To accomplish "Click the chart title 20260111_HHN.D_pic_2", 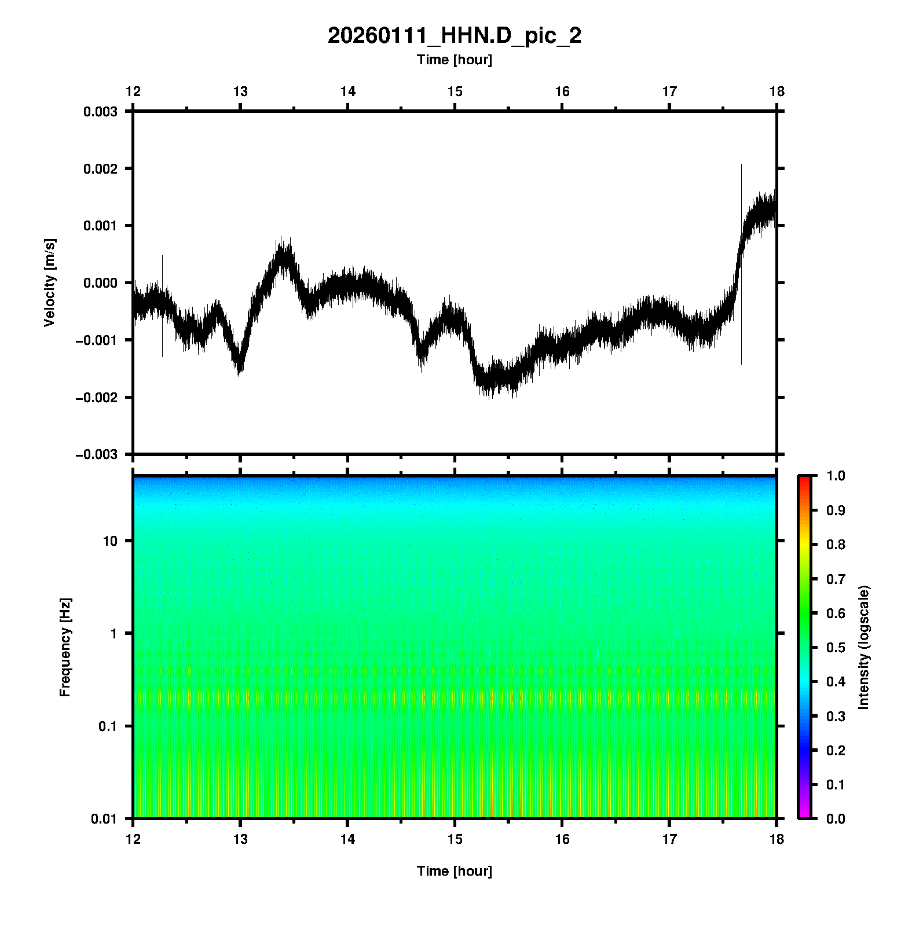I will coord(454,36).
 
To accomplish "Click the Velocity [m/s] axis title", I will coord(50,282).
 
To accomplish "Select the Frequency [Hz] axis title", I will coord(65,647).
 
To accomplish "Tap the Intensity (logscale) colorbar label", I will coord(864,647).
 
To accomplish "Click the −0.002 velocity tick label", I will coord(96,398).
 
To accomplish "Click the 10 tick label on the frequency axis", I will coord(110,541).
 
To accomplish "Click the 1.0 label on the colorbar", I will coord(837,476).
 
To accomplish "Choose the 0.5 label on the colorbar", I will coord(837,647).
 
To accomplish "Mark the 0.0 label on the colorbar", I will coord(837,819).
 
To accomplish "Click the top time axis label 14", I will coord(347,91).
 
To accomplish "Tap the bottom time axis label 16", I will coord(562,839).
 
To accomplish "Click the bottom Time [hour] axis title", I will coord(454,871).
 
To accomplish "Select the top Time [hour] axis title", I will coord(454,60).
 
